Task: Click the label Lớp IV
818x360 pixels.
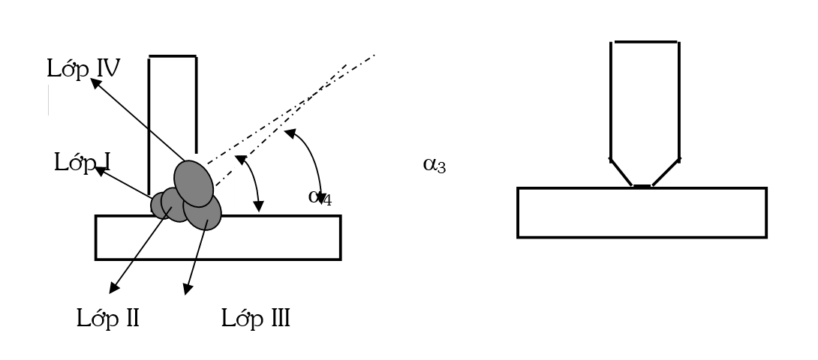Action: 83,68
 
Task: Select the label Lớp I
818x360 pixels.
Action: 82,162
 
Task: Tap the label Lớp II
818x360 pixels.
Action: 107,318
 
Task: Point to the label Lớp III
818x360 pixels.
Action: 256,318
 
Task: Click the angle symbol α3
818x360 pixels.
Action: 434,165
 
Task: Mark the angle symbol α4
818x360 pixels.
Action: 320,197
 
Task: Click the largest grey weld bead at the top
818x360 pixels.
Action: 194,184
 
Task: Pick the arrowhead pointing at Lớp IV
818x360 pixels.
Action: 96,83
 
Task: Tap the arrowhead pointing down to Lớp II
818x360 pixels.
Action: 114,287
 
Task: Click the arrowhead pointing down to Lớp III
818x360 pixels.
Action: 188,289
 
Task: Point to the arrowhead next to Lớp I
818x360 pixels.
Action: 101,170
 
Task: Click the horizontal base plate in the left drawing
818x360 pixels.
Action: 218,238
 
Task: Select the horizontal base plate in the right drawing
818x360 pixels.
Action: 642,212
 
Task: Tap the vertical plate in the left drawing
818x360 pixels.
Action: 173,125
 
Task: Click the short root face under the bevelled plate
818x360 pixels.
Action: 642,186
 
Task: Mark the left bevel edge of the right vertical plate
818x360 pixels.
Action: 621,172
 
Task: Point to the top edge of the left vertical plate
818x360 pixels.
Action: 173,55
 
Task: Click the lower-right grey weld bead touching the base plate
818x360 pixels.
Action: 203,211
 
